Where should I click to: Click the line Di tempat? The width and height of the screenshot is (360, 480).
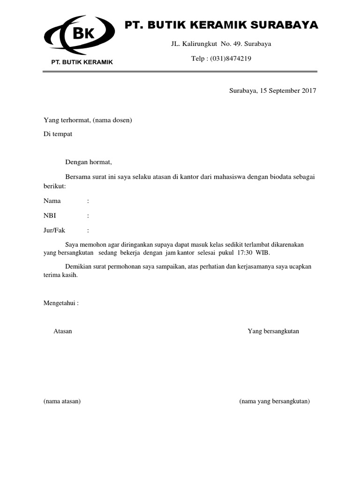pos(58,134)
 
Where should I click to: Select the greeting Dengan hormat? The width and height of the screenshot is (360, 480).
pos(89,162)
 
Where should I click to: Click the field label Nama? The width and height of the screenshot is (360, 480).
pos(52,201)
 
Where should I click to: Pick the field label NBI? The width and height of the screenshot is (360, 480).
pos(50,216)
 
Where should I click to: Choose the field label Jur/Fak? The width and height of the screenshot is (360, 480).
pos(54,230)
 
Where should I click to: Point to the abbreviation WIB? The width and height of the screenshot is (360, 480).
pos(263,253)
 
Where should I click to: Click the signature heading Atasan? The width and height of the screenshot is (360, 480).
pos(63,331)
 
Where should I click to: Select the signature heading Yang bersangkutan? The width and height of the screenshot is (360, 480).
pos(273,331)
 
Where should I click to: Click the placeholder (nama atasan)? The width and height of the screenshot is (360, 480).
pos(62,401)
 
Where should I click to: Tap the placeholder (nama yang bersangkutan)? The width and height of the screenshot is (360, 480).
pos(275,401)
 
